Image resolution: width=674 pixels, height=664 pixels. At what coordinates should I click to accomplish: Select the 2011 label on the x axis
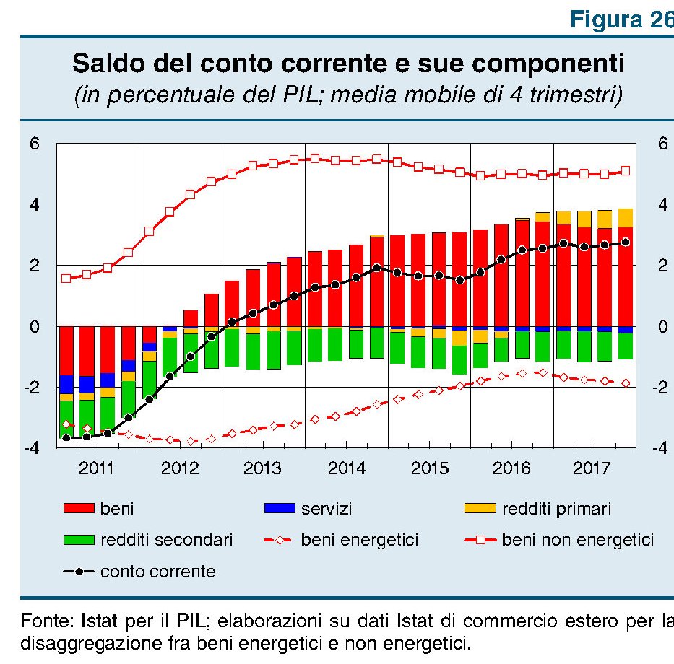point(97,468)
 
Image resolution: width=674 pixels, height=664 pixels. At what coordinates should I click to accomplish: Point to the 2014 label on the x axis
point(347,468)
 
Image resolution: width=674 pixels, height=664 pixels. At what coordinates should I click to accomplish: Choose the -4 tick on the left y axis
point(32,448)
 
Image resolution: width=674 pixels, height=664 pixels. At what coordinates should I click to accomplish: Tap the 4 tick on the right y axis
point(662,205)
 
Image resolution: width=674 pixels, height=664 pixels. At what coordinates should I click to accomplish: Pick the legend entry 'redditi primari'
point(556,509)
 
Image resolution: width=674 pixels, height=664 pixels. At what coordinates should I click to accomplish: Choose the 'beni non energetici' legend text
point(577,539)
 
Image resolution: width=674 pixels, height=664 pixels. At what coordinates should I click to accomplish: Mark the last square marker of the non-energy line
point(626,171)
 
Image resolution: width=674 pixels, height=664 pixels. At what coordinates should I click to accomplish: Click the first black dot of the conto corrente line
point(66,437)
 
